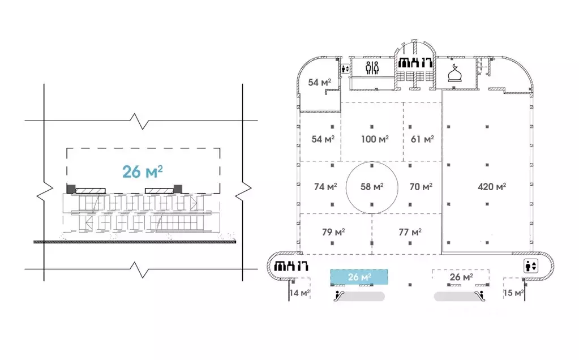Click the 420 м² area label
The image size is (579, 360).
(x=491, y=186)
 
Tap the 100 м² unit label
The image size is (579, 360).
(x=375, y=139)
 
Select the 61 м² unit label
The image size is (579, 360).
(x=422, y=139)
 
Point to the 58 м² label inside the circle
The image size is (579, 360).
(x=372, y=187)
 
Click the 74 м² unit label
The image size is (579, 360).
(x=325, y=187)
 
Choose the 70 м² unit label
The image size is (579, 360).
(x=421, y=187)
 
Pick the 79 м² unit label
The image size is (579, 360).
(x=333, y=232)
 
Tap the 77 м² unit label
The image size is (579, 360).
(x=410, y=232)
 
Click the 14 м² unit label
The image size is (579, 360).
(x=300, y=293)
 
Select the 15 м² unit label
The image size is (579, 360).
(x=514, y=293)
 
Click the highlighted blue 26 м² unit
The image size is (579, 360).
(x=359, y=277)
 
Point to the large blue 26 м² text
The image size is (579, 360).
(x=143, y=172)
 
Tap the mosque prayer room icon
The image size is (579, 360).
(x=454, y=73)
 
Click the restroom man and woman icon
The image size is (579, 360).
(x=372, y=68)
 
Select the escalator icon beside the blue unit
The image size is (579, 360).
(x=339, y=295)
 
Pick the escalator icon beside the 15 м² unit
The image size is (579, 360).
(x=479, y=295)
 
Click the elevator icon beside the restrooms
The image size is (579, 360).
(x=345, y=68)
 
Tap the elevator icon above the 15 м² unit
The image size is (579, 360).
(x=531, y=266)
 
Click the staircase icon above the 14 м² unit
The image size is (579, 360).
(x=291, y=266)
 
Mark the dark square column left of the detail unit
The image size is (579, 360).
(x=71, y=188)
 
